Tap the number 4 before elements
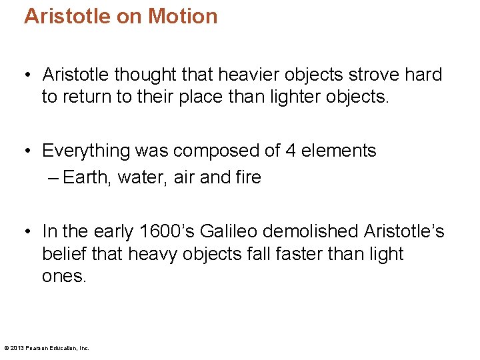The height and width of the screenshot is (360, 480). coord(290,151)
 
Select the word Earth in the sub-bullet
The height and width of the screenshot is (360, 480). coord(87,177)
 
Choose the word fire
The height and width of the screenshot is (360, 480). coord(248,177)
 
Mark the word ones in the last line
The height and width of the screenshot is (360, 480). coord(64,276)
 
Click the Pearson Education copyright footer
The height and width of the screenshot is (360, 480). coord(47,347)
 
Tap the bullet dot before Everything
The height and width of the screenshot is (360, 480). coord(27,151)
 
